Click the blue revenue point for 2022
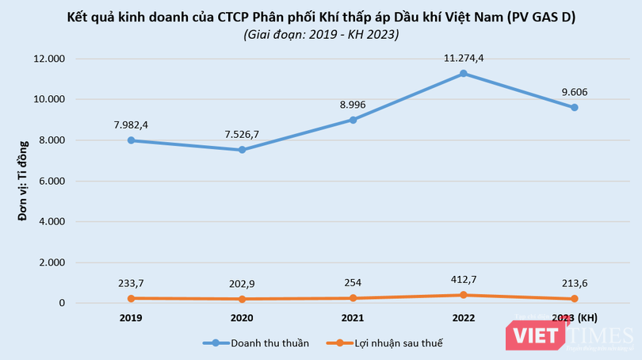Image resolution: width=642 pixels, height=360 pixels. click(x=464, y=74)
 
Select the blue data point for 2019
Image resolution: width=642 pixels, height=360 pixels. click(x=131, y=140)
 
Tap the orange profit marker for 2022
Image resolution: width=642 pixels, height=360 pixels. click(x=464, y=295)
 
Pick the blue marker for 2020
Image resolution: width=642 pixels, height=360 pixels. click(x=242, y=150)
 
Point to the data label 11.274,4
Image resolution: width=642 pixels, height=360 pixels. click(x=464, y=57)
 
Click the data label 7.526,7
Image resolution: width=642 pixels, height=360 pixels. click(x=242, y=133)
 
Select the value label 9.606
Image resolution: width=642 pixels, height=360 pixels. click(x=574, y=91)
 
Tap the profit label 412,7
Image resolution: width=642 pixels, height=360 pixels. click(x=464, y=279)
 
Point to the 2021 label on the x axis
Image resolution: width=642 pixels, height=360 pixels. click(x=353, y=318)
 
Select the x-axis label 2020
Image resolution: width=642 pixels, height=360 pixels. click(x=242, y=318)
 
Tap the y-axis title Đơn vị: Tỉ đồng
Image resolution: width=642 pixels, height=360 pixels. click(x=25, y=180)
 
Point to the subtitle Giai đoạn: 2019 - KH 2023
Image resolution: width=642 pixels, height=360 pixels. click(x=320, y=34)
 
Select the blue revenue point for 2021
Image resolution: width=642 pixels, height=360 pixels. click(x=353, y=120)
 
